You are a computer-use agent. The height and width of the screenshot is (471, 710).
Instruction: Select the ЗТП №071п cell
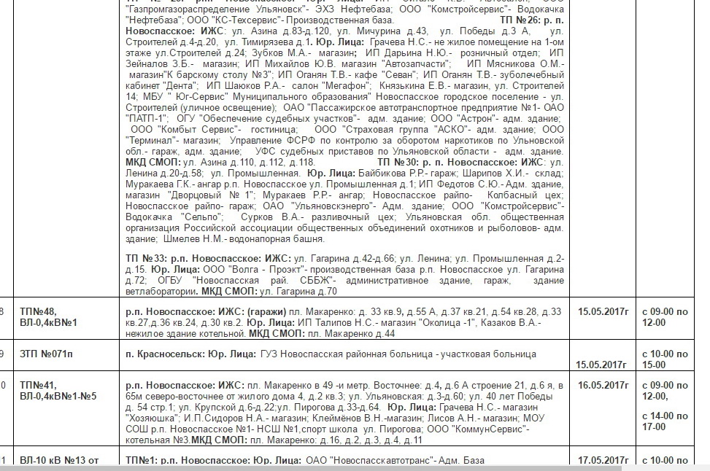pos(47,354)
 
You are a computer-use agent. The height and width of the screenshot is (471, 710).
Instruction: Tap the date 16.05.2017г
pos(603,385)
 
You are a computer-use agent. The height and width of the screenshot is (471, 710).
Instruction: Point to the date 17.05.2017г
pos(603,460)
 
